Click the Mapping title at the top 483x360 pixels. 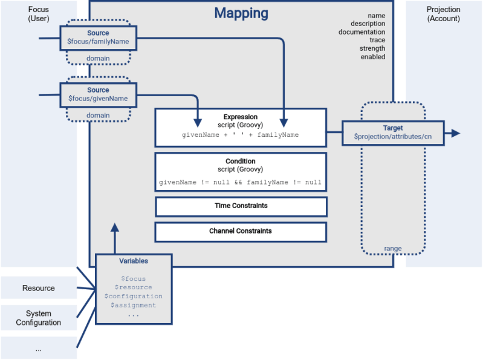click(241, 13)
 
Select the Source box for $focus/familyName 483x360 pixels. click(99, 38)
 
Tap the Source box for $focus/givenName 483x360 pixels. click(99, 94)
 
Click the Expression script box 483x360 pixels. click(241, 127)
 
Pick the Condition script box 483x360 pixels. click(241, 171)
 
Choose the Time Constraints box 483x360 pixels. click(241, 206)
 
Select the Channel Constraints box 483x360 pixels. click(241, 231)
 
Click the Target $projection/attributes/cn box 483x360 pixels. click(393, 133)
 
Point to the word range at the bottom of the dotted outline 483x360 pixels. click(393, 248)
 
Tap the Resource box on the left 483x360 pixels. click(39, 288)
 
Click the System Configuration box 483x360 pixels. click(39, 318)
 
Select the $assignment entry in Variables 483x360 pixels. click(134, 306)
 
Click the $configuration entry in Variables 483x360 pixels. click(134, 296)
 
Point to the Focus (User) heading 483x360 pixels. click(38, 14)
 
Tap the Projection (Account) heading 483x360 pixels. click(443, 14)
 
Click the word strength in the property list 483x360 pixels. click(372, 48)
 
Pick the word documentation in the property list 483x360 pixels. click(361, 32)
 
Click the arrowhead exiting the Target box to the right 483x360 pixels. click(455, 133)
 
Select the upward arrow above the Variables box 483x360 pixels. click(115, 228)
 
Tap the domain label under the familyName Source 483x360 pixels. click(98, 59)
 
